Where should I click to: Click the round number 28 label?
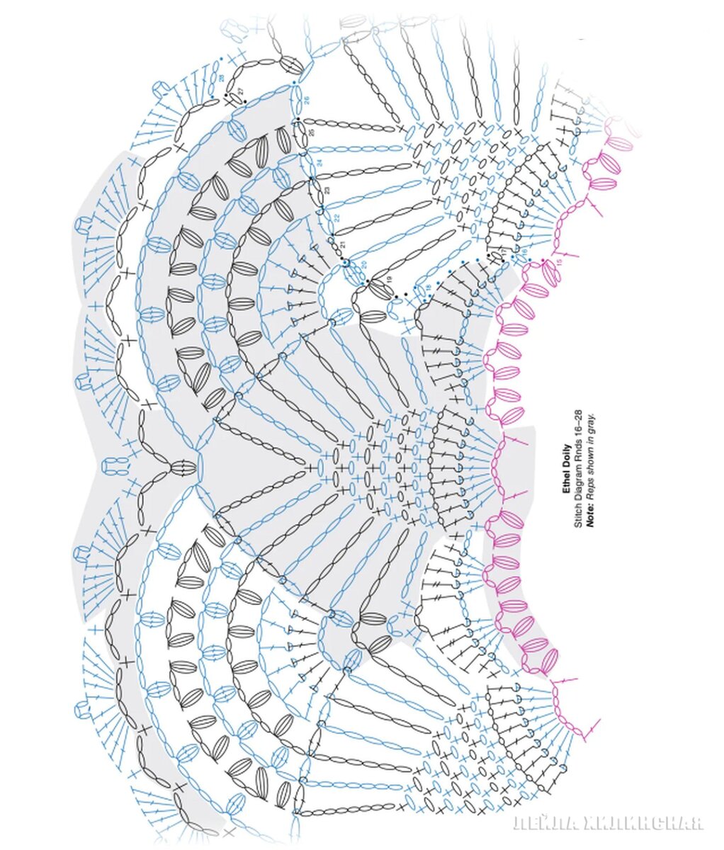pos(222,78)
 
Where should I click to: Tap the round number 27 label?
pos(240,90)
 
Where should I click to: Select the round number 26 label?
pos(306,99)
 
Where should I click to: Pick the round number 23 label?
pos(327,190)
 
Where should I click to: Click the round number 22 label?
pos(336,217)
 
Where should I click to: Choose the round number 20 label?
pos(363,264)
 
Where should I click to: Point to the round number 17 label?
pos(504,252)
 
